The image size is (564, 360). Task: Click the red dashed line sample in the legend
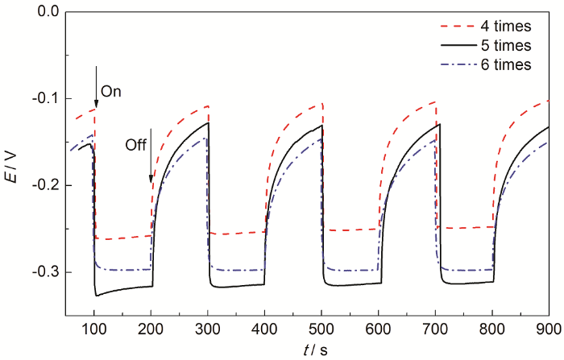(446, 28)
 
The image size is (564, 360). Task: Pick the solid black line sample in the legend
(446, 47)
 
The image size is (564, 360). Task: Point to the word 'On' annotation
(111, 92)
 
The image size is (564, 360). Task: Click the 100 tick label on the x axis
(95, 328)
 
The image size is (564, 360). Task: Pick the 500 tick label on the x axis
(322, 328)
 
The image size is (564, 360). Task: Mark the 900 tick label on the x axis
(549, 328)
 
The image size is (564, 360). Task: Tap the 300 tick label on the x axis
(209, 328)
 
